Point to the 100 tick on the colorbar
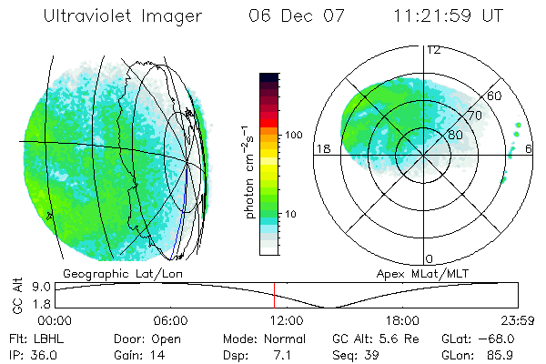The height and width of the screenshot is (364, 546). point(293,135)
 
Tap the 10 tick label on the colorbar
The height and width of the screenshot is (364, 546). point(291,215)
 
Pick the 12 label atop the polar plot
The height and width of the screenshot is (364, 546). point(434,50)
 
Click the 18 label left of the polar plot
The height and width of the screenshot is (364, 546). point(321,148)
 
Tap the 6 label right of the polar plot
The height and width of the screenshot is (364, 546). point(530,148)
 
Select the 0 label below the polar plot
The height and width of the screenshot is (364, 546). point(429,258)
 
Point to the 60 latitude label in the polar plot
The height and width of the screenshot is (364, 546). point(496,96)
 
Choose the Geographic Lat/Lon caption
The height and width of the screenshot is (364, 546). point(110,273)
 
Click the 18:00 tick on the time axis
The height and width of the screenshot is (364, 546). point(402,320)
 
